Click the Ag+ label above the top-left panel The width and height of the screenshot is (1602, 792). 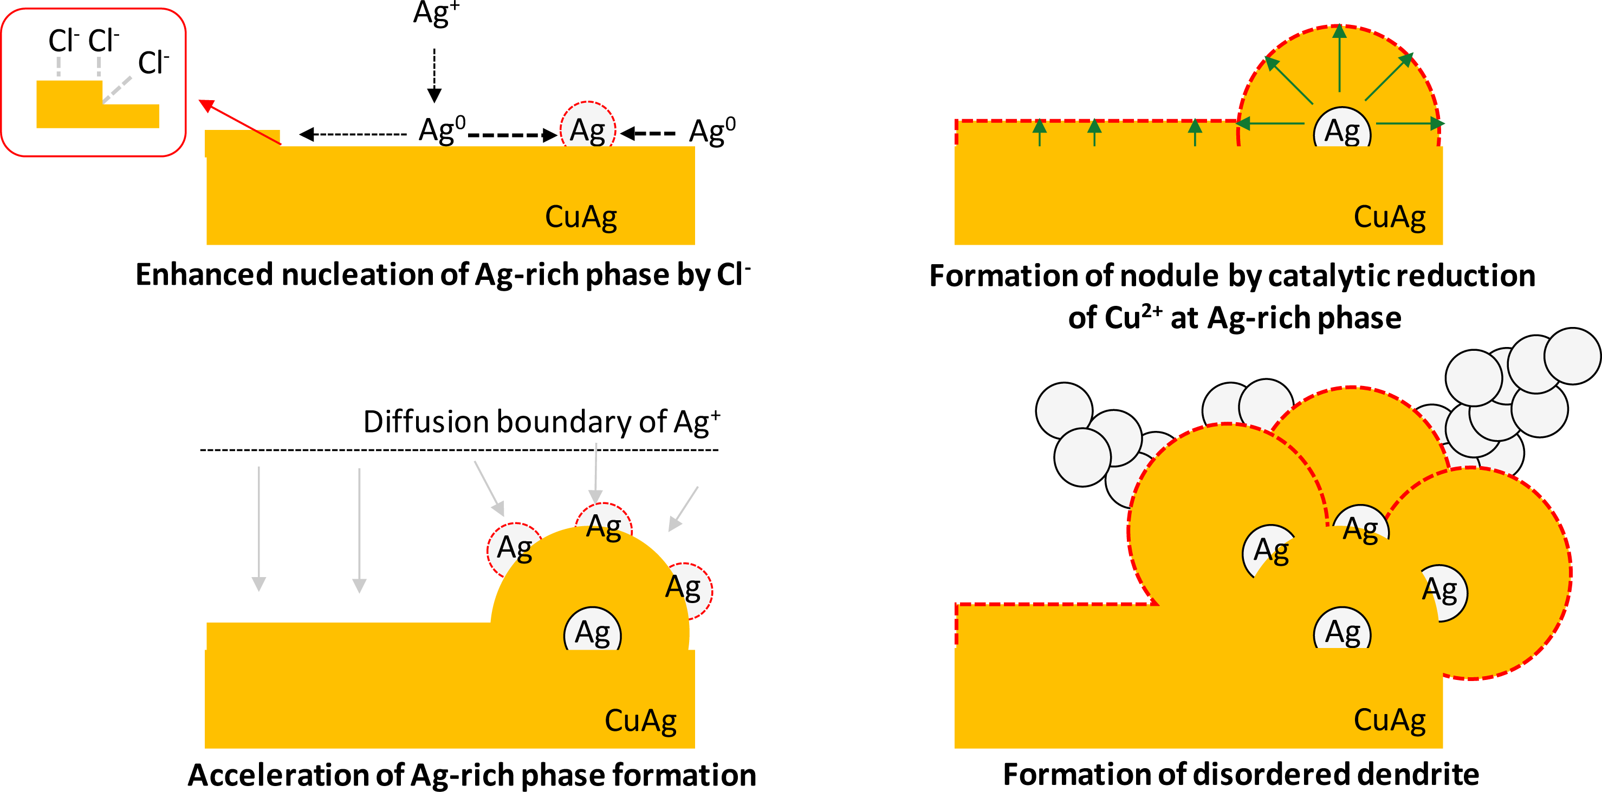click(x=436, y=14)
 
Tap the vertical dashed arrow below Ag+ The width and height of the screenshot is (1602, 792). click(x=434, y=75)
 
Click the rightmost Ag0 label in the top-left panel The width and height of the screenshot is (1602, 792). click(x=712, y=131)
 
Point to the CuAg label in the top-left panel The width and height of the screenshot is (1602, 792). click(x=581, y=218)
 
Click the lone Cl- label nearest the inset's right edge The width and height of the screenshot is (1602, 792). click(x=153, y=63)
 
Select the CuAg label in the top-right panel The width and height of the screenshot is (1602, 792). click(x=1389, y=218)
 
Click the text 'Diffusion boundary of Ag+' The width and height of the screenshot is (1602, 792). click(x=541, y=422)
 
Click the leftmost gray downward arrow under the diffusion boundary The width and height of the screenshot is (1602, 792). click(x=259, y=528)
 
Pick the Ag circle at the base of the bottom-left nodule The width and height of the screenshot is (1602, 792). click(x=592, y=632)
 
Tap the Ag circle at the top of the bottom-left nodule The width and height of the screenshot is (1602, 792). click(x=603, y=525)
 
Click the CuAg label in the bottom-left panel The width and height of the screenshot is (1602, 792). click(x=640, y=721)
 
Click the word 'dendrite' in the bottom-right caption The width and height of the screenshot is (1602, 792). click(x=1418, y=774)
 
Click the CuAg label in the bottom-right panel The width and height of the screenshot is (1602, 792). click(x=1389, y=721)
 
